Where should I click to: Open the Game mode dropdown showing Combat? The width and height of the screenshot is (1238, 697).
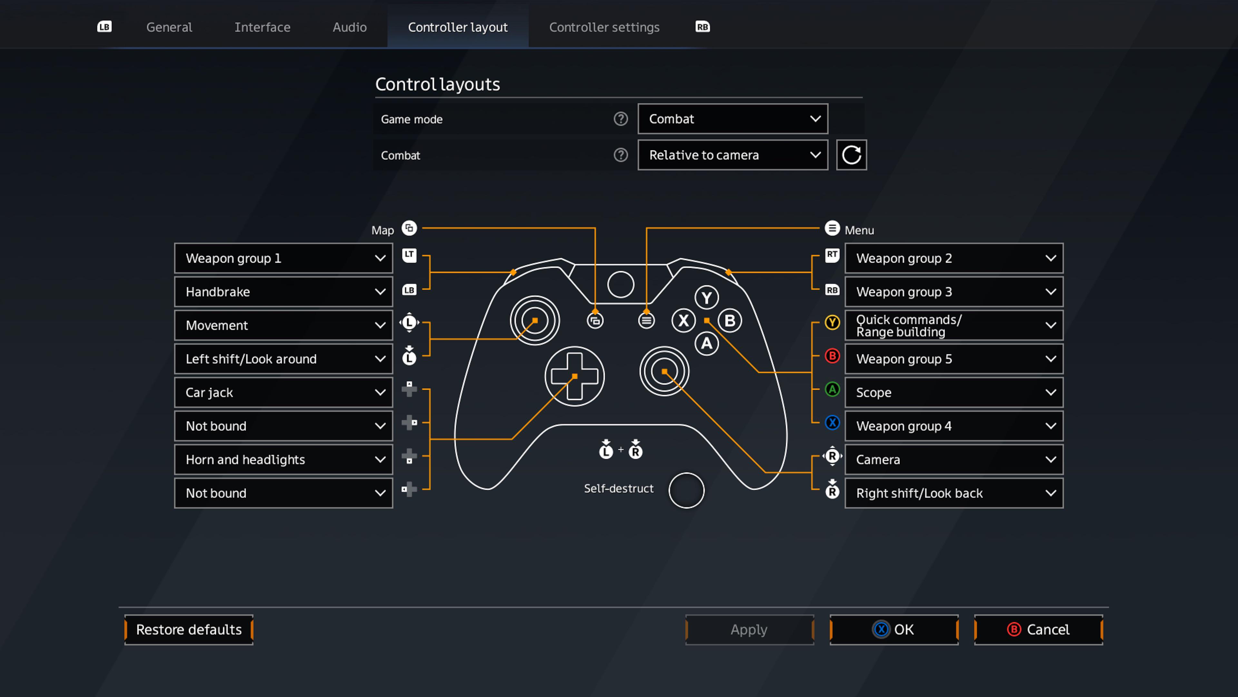pyautogui.click(x=732, y=119)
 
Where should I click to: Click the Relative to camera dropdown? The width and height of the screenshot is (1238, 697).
pyautogui.click(x=732, y=155)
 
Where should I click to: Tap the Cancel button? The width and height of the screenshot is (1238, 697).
pyautogui.click(x=1038, y=630)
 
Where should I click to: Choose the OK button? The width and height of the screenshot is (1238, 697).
pyautogui.click(x=894, y=630)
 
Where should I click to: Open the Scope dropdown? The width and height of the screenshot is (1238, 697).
pyautogui.click(x=954, y=392)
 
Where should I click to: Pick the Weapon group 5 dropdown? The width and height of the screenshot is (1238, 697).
pyautogui.click(x=954, y=359)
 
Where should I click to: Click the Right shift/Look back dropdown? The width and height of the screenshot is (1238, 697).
pyautogui.click(x=954, y=493)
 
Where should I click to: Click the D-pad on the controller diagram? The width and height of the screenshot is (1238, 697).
pyautogui.click(x=574, y=376)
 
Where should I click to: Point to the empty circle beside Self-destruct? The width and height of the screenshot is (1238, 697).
pyautogui.click(x=686, y=490)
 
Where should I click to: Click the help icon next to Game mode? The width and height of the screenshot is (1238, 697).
pyautogui.click(x=620, y=119)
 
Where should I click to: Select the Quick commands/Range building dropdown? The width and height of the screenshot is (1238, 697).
pyautogui.click(x=954, y=326)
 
